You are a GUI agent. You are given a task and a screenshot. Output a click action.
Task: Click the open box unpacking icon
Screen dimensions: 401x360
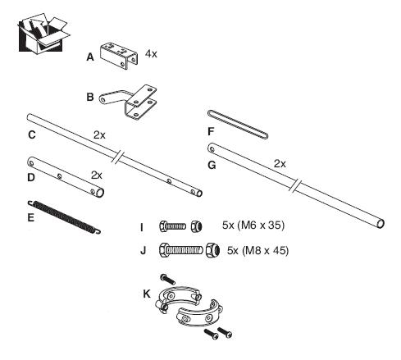click(43, 33)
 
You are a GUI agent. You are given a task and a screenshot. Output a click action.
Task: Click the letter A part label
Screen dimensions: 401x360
click(90, 57)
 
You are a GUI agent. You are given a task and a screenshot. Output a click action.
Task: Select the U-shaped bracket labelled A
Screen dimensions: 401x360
click(118, 56)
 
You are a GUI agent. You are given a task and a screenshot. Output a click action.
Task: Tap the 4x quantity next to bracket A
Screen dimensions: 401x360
click(151, 53)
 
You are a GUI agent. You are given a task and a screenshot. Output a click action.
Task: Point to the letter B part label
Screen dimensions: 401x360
click(90, 97)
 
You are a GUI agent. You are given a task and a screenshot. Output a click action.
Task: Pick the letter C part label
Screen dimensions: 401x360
click(32, 134)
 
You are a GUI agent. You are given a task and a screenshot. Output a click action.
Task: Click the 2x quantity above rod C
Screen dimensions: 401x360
click(99, 134)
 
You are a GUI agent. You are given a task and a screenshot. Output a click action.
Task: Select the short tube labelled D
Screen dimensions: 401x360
click(66, 177)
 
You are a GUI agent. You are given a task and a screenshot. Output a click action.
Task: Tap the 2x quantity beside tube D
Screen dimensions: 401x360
click(97, 175)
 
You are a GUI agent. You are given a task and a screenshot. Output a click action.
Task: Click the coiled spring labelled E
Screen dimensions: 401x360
click(64, 217)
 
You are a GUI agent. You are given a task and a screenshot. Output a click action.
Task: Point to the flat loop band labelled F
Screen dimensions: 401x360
click(238, 125)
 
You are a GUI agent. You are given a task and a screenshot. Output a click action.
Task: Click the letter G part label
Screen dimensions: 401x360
click(212, 165)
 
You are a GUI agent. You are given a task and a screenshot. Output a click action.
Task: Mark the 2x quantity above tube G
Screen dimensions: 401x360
click(280, 164)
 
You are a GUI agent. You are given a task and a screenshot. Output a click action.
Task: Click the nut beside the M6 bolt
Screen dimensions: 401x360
click(197, 226)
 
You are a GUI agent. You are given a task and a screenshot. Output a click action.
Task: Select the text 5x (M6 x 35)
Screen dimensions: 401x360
click(253, 226)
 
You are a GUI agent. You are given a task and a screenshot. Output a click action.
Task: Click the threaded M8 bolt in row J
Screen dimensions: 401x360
click(181, 250)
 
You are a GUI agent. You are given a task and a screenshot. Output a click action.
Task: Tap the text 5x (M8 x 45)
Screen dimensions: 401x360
click(257, 250)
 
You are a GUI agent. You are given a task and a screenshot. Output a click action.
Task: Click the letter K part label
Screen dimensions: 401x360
click(147, 294)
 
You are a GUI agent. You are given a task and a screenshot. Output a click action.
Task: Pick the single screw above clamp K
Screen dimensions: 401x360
click(167, 279)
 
